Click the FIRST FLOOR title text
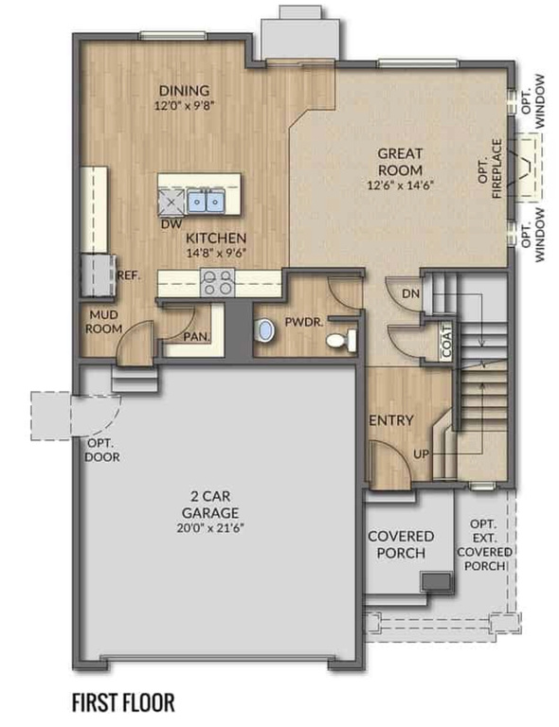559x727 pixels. (124, 702)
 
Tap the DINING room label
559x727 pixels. (184, 91)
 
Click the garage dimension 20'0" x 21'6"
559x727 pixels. (217, 527)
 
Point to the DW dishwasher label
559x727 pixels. (171, 224)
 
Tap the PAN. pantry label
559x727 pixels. (197, 336)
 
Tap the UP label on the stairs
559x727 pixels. (424, 454)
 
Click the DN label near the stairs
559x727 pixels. (410, 294)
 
